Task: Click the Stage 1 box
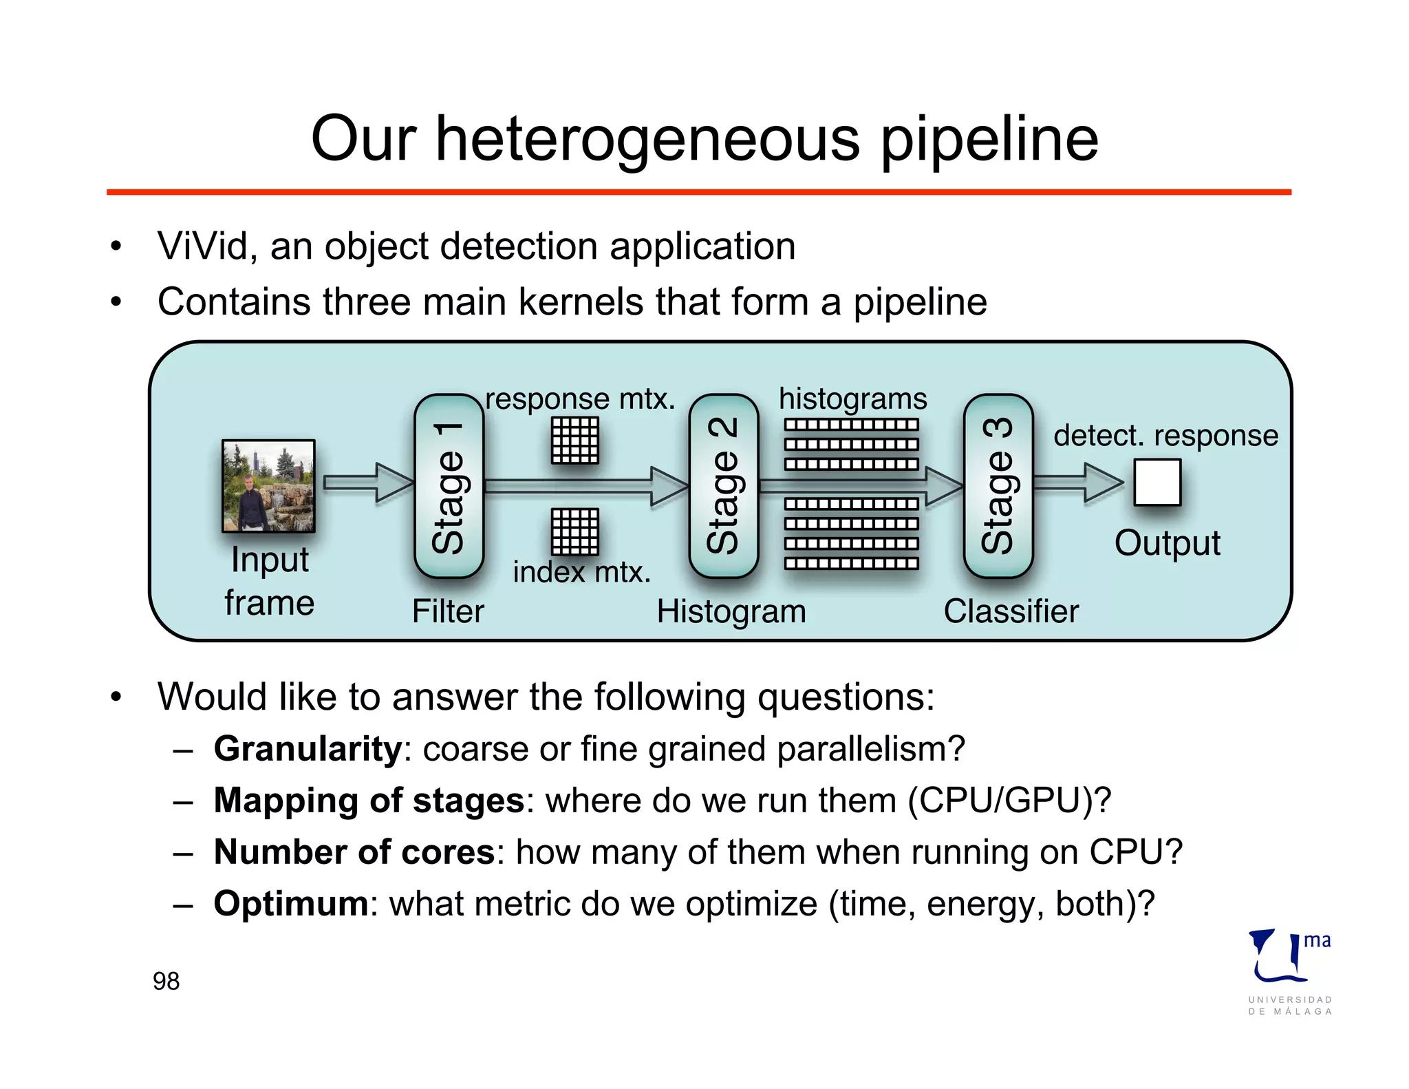pos(449,486)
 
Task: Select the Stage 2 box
pos(723,486)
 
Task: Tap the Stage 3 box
pos(998,486)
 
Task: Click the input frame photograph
pos(268,486)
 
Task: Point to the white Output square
pos(1157,483)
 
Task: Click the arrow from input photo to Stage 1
pos(368,483)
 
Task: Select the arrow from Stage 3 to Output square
pos(1078,483)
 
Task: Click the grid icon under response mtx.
pos(575,441)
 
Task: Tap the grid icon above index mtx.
pos(575,531)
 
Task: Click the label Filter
pos(448,611)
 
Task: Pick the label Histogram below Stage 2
pos(731,611)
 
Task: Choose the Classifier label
pos(1011,611)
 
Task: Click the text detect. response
pos(1165,436)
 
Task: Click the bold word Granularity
pos(308,749)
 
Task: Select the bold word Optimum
pos(291,904)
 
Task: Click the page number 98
pos(166,981)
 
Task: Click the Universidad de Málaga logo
pos(1289,971)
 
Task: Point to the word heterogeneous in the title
pos(647,140)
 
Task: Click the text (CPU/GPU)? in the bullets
pos(1009,801)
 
